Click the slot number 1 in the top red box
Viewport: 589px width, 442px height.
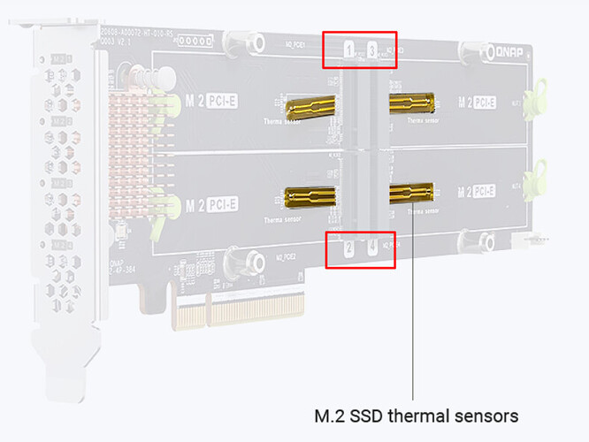(x=349, y=50)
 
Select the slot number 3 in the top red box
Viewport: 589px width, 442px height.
(x=372, y=50)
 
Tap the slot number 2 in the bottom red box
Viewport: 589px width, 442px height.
(x=349, y=248)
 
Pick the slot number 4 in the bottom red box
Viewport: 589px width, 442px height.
(x=372, y=248)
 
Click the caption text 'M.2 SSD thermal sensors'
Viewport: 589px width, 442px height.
(x=417, y=414)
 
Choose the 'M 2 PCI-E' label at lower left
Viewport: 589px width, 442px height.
(x=211, y=205)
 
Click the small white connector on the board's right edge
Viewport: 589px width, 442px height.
(x=539, y=239)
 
